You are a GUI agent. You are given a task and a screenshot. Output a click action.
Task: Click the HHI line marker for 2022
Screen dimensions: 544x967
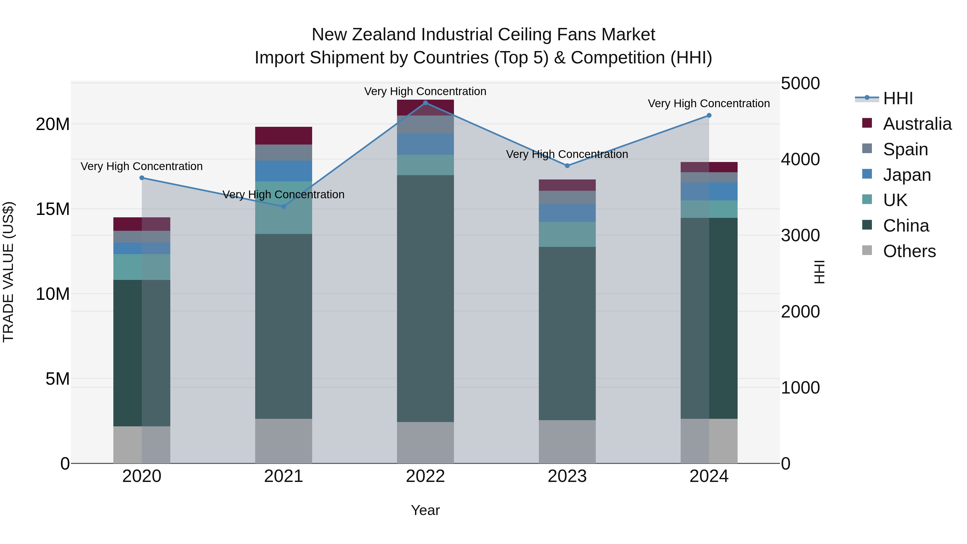(425, 103)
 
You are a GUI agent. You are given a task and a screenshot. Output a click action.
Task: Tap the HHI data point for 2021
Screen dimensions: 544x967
(283, 207)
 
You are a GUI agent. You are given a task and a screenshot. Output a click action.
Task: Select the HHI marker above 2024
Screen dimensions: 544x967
(709, 115)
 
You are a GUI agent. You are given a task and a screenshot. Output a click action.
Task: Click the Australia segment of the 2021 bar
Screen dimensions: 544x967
(283, 136)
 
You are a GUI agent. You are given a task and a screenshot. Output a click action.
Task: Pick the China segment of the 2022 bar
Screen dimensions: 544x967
(425, 298)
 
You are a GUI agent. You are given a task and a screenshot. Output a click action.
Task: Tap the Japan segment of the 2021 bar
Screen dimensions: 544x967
(283, 171)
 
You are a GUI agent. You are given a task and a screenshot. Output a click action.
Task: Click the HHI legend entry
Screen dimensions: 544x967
(897, 98)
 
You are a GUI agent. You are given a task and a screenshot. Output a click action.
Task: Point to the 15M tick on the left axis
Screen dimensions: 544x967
(53, 209)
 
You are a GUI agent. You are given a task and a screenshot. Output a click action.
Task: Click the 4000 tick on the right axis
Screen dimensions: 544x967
(800, 159)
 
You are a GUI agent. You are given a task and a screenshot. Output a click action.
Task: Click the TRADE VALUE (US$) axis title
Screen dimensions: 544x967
(8, 272)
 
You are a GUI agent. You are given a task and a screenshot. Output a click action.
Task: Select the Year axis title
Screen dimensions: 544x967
(425, 510)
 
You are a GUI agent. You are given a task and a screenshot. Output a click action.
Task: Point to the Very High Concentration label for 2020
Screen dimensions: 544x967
(142, 166)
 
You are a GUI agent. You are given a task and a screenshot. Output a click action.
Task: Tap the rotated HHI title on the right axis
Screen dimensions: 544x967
(819, 272)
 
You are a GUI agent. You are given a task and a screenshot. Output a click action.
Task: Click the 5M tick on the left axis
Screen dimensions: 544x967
(57, 379)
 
